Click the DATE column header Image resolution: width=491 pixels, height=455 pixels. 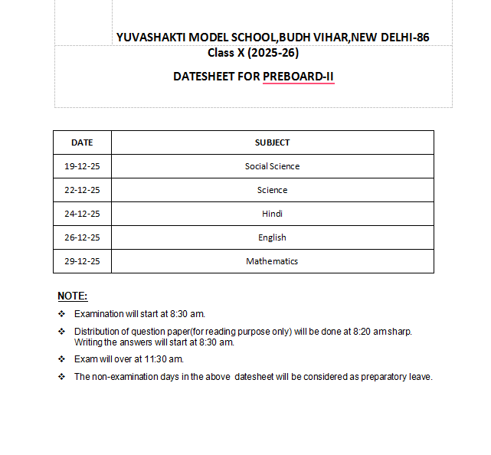coord(82,142)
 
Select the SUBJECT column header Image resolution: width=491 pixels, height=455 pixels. coord(272,142)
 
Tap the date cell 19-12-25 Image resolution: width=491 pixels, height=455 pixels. coord(82,166)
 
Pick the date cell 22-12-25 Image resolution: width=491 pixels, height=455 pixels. coord(82,190)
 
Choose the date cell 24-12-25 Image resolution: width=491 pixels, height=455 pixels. coord(82,214)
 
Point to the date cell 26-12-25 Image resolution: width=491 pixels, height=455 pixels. coord(82,237)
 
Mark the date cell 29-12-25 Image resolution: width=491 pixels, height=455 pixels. coord(82,261)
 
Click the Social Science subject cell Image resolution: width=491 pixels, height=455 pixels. coord(272,166)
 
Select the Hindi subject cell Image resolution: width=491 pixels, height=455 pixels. coord(272,214)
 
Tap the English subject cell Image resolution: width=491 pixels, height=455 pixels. coord(272,237)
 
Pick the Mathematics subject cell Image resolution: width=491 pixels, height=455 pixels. coord(272,261)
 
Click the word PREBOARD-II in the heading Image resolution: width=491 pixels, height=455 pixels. coord(299,77)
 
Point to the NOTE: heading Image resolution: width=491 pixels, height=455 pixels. coord(73,296)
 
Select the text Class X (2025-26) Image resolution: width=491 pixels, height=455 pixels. coord(253,54)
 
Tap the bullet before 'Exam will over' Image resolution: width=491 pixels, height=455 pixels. coord(61,358)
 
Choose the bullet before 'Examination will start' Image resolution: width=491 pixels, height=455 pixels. coord(61,314)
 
